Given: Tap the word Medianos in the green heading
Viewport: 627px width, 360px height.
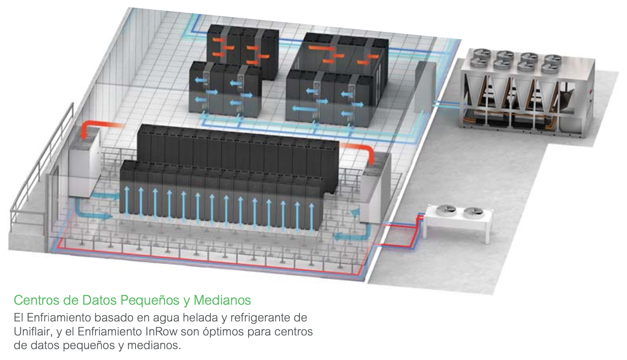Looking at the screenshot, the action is [x=222, y=300].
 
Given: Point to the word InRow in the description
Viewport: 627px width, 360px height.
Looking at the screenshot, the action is [x=162, y=332].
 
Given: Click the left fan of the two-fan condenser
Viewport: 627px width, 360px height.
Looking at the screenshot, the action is [x=446, y=210].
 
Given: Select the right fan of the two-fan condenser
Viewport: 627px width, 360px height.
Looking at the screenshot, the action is [x=473, y=213].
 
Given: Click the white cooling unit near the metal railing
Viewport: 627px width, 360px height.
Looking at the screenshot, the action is [x=85, y=162].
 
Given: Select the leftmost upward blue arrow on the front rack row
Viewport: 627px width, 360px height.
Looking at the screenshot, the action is [x=127, y=201].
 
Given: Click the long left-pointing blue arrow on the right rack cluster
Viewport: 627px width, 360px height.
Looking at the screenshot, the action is [x=305, y=108].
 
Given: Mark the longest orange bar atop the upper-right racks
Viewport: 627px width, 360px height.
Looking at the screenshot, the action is [x=322, y=48].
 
